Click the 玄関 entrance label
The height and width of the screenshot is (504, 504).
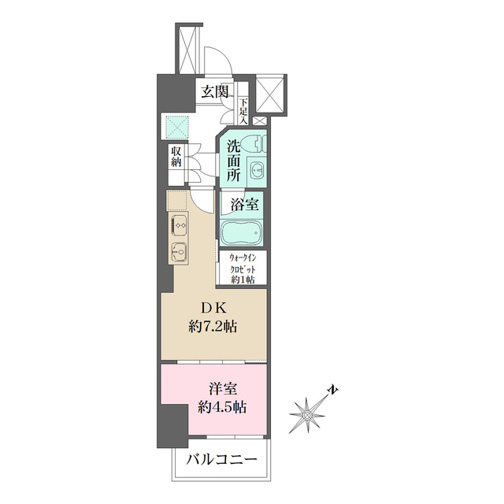(x=215, y=91)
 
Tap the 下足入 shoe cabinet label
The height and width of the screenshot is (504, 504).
(x=245, y=111)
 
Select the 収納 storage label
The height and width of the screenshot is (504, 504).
(x=176, y=157)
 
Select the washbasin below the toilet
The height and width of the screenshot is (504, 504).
(x=258, y=169)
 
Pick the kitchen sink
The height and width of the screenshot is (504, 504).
(x=177, y=252)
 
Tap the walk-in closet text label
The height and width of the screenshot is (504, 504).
(x=245, y=268)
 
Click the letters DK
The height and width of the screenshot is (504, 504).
(x=213, y=307)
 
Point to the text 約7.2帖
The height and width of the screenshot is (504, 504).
(x=213, y=324)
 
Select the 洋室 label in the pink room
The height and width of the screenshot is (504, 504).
(x=220, y=389)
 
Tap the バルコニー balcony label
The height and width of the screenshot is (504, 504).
(x=221, y=459)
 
